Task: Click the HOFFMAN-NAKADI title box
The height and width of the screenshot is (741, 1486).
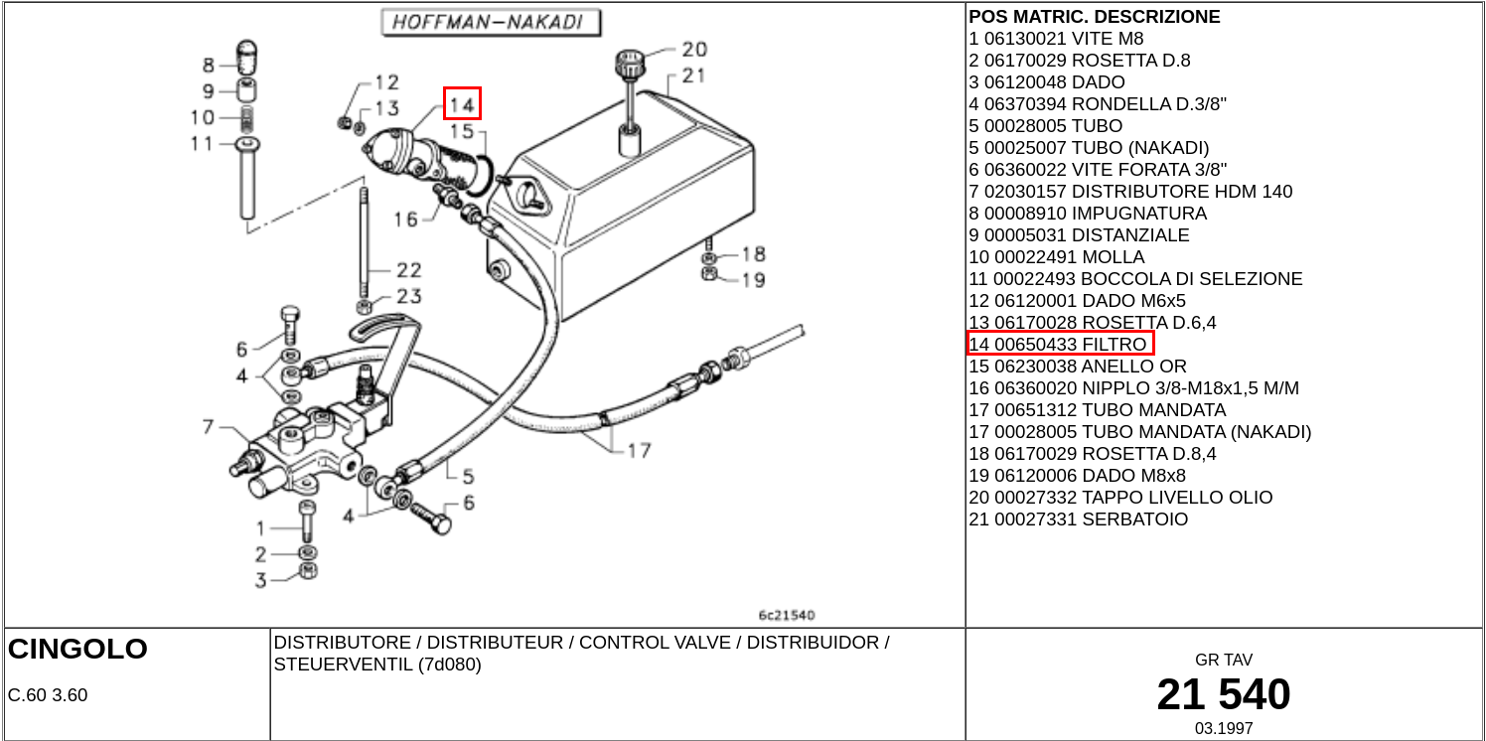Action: click(491, 23)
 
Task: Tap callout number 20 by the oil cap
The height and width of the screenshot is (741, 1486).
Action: click(694, 50)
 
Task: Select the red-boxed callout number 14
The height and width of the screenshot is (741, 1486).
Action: click(462, 104)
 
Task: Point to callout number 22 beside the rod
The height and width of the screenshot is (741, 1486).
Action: click(408, 270)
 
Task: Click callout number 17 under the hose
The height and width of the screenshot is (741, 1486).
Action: click(640, 451)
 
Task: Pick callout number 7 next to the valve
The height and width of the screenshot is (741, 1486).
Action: click(209, 426)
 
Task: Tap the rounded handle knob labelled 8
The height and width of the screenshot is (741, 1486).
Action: click(246, 57)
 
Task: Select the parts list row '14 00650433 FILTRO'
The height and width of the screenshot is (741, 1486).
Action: click(1060, 344)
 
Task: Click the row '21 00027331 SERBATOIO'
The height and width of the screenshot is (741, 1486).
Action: click(1078, 519)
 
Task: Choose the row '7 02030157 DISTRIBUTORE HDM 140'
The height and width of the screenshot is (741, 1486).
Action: click(1130, 191)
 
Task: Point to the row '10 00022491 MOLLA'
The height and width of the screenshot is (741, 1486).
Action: click(1057, 256)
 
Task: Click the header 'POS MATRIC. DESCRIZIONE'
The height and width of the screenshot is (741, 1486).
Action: click(1094, 17)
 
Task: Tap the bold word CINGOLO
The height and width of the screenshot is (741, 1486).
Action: click(77, 649)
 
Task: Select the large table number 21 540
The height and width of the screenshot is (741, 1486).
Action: click(1224, 694)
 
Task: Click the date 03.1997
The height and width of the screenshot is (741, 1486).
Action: click(1224, 728)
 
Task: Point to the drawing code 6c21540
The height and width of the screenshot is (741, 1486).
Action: click(786, 615)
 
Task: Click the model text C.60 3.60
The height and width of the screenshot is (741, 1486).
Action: click(48, 695)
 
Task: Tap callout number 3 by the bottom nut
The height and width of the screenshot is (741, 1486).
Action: click(260, 580)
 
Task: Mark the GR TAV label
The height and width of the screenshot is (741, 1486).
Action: click(1224, 660)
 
